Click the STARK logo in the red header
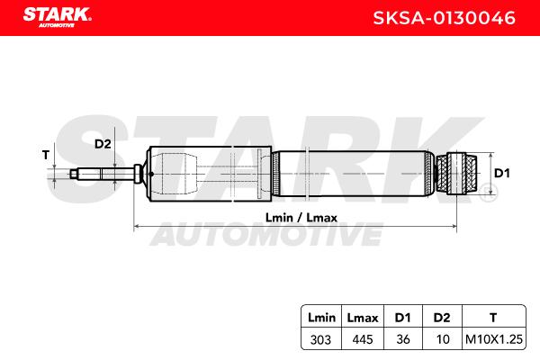pyautogui.click(x=58, y=17)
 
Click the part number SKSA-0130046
pyautogui.click(x=445, y=18)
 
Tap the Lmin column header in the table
pyautogui.click(x=321, y=318)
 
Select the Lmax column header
pyautogui.click(x=363, y=318)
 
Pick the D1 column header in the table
pyautogui.click(x=402, y=318)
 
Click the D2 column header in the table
pyautogui.click(x=442, y=318)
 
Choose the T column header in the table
pyautogui.click(x=493, y=318)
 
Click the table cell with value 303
pyautogui.click(x=320, y=339)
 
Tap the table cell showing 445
pyautogui.click(x=363, y=339)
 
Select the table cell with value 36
pyautogui.click(x=403, y=339)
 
